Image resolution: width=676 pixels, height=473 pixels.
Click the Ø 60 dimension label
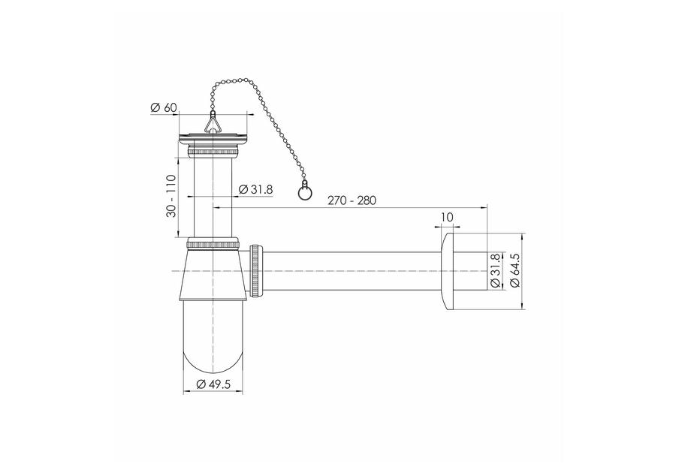coord(164,107)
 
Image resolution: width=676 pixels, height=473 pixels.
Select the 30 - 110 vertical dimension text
coord(171,196)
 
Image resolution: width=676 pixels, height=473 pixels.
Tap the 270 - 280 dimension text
coord(352,200)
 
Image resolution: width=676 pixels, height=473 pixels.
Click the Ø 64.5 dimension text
coord(515,270)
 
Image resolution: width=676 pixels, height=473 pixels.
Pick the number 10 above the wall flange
coord(448,217)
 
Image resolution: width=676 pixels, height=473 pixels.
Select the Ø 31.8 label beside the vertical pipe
coord(255,189)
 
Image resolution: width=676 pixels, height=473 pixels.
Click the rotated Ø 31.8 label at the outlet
coord(494,270)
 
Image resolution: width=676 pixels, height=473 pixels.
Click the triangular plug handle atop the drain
coord(212,124)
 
